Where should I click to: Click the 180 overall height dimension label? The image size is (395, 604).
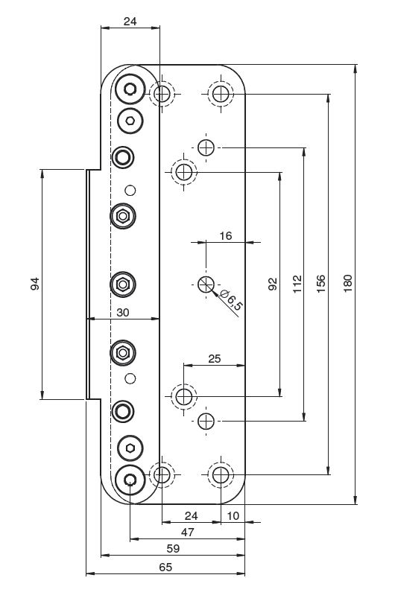click(347, 284)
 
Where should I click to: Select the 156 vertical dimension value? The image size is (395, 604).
click(320, 284)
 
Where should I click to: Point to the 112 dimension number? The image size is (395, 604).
click(297, 284)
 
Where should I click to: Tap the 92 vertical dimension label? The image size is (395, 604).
click(273, 284)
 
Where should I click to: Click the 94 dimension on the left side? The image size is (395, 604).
click(35, 284)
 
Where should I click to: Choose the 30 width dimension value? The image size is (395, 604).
click(122, 312)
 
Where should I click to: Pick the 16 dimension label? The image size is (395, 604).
click(225, 236)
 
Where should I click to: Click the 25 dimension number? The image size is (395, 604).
click(215, 359)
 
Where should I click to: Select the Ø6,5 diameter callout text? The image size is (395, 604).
click(231, 299)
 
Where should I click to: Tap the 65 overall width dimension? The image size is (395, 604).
click(165, 567)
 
